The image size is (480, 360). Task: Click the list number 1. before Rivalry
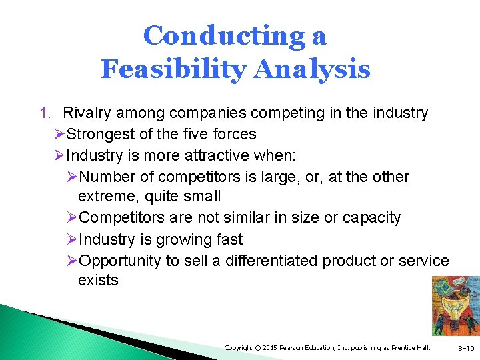pos(46,113)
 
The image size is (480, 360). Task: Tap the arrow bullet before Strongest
pos(59,134)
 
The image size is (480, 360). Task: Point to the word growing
pos(175,239)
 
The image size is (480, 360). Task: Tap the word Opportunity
pos(119,261)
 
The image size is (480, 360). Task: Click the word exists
pos(98,281)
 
